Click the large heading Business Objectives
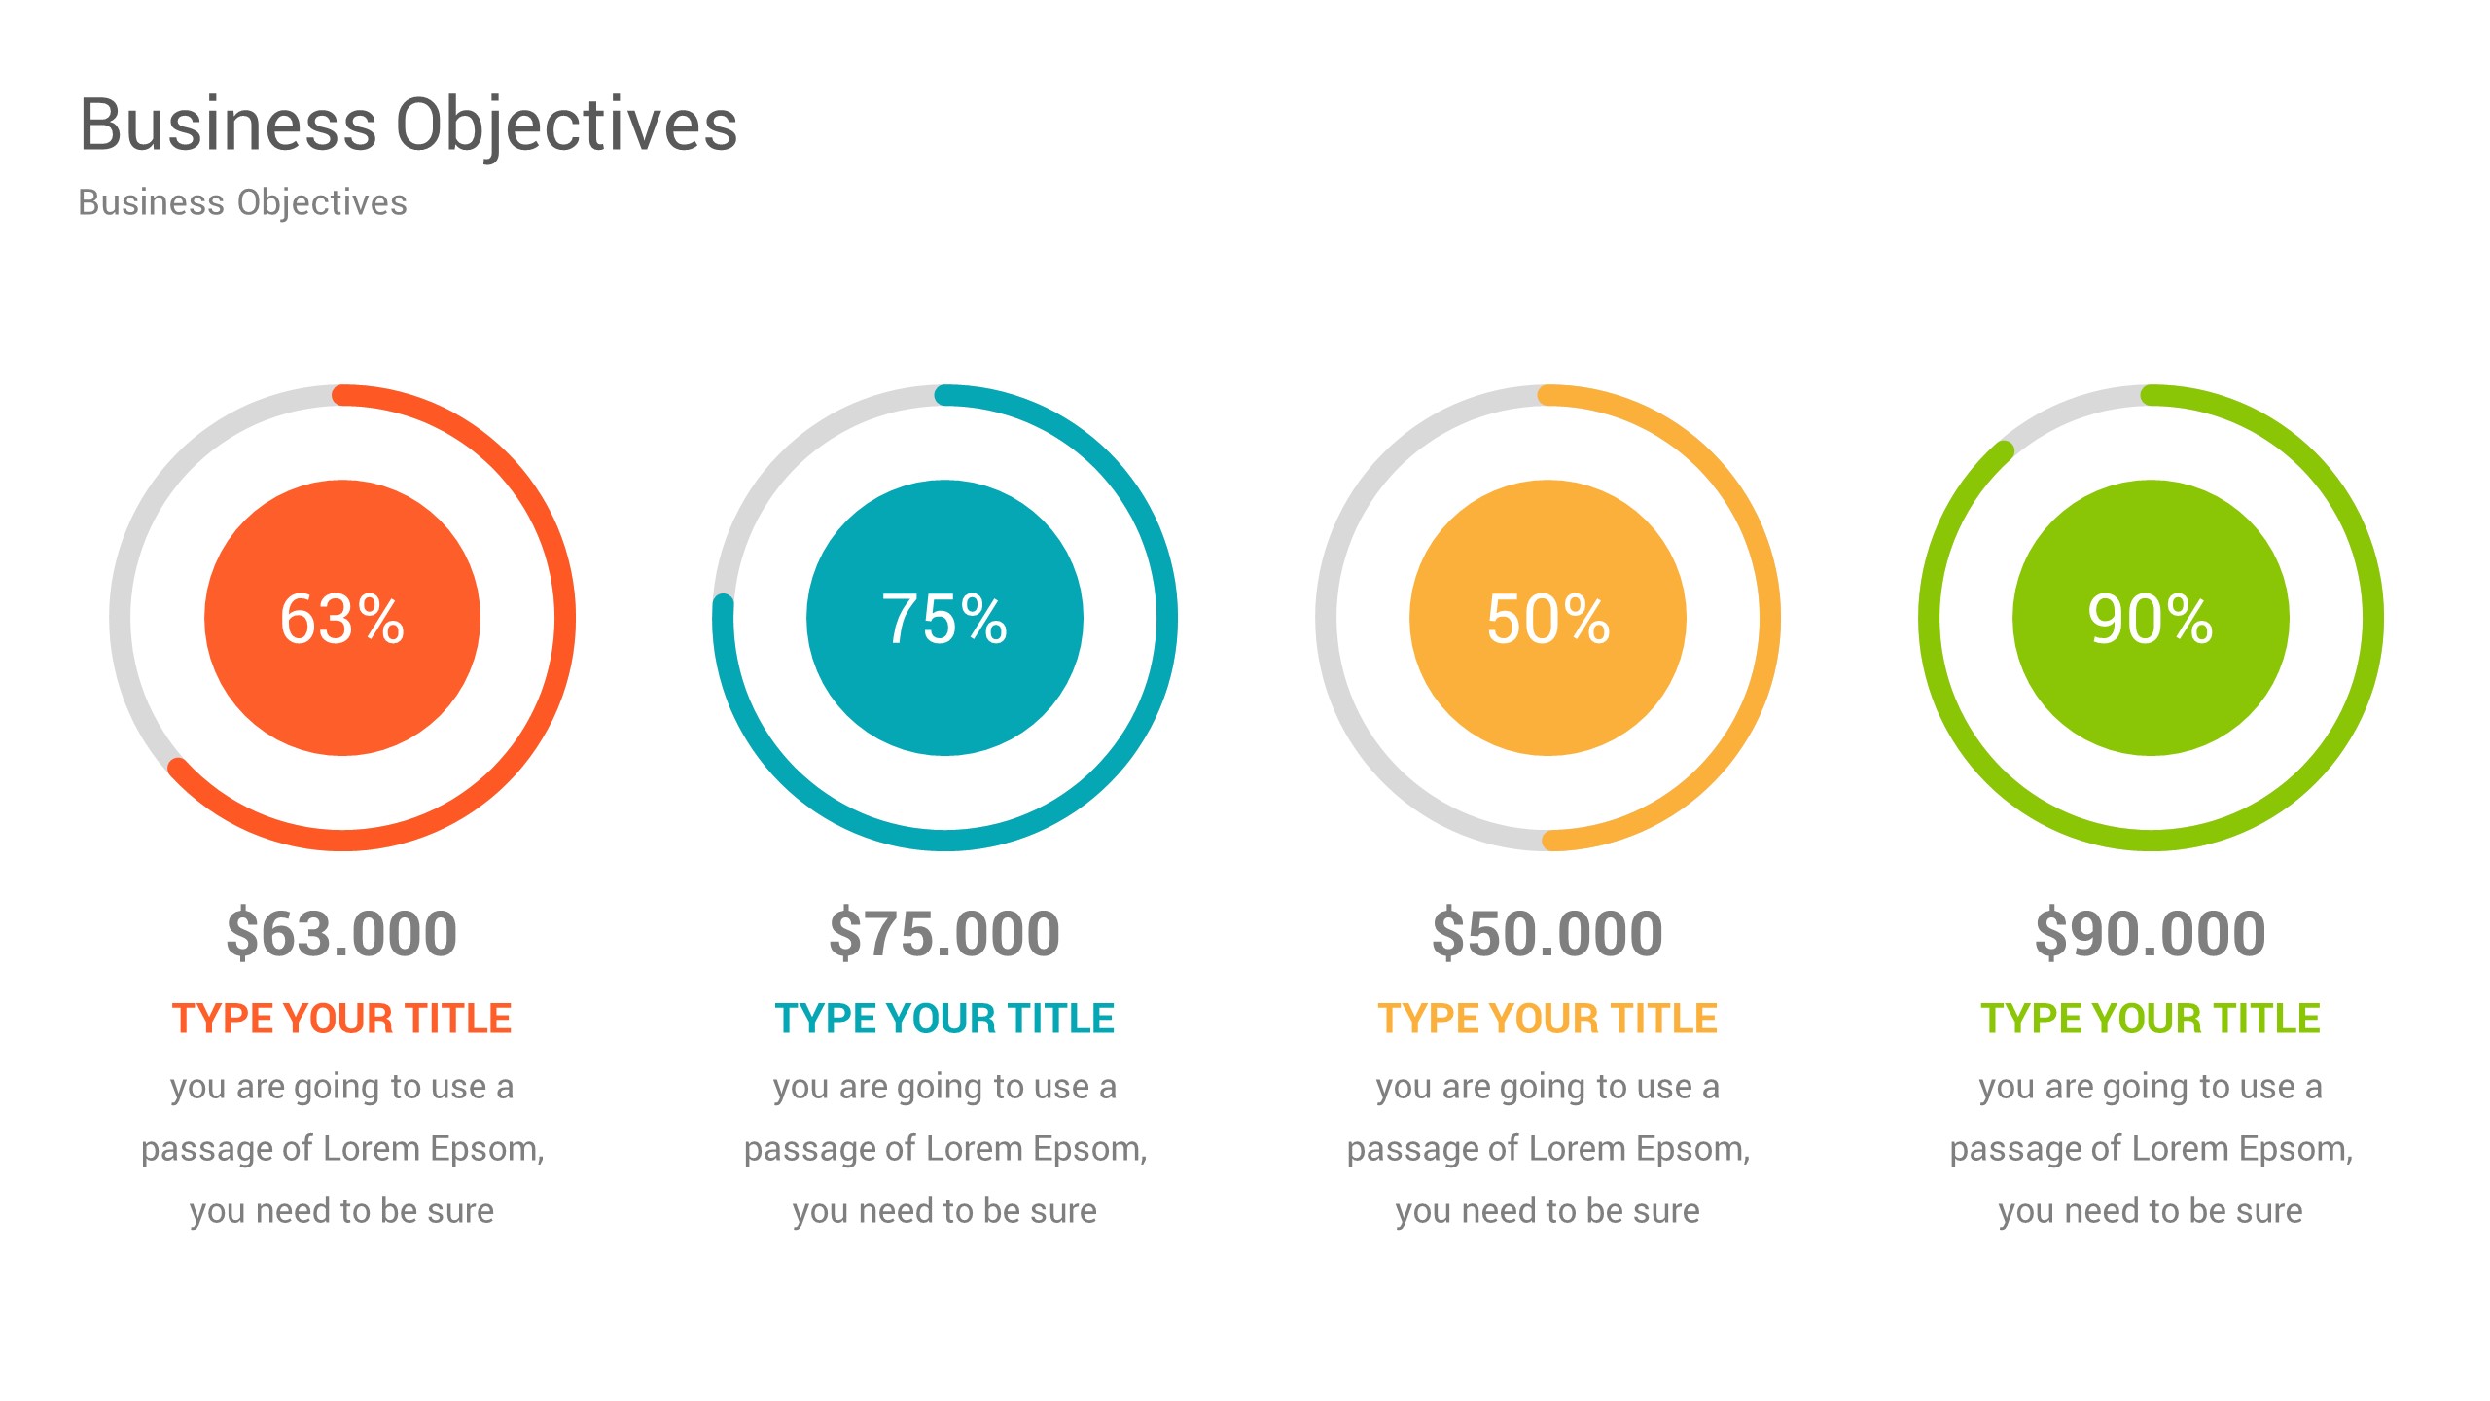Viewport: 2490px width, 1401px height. pos(409,126)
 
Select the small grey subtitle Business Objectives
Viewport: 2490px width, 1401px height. pos(242,202)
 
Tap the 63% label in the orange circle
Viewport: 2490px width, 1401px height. pos(342,619)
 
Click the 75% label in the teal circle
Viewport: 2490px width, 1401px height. pos(944,619)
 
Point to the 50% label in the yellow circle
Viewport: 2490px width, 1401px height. pos(1547,619)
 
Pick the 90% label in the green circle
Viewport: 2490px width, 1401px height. pos(2151,619)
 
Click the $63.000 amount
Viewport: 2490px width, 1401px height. pos(342,933)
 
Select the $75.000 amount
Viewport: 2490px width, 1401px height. pos(944,933)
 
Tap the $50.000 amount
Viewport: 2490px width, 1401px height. pos(1547,933)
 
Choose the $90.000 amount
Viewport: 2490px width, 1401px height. pos(2151,933)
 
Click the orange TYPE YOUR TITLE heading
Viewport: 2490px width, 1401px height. pos(342,1019)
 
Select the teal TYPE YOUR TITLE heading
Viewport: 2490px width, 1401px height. pos(944,1019)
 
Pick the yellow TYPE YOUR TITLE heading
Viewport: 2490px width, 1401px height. pos(1547,1019)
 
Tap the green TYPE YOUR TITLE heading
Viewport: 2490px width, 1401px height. pos(2151,1019)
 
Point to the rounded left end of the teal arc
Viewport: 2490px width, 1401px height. pos(723,606)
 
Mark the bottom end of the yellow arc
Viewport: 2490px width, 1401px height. pos(1553,841)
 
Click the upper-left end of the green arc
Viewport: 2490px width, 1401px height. pos(2004,450)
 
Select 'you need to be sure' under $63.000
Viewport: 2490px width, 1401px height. pos(342,1211)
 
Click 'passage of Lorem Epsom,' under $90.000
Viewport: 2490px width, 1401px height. pos(2151,1149)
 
